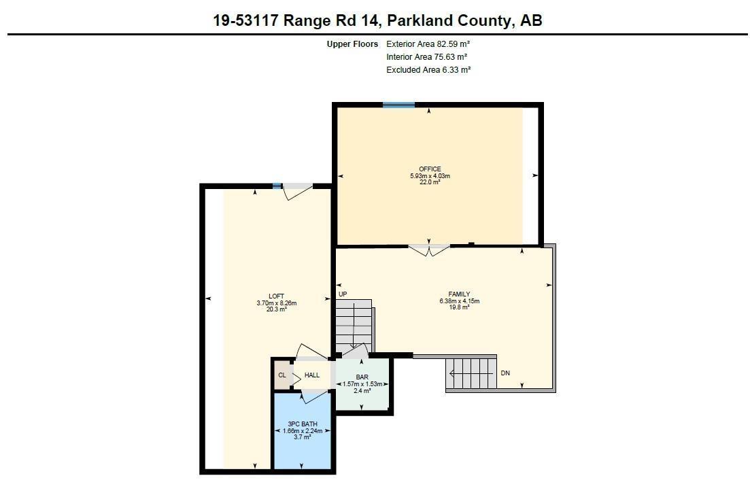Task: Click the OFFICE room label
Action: [430, 169]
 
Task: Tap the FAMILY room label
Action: [459, 294]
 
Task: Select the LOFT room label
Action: [276, 296]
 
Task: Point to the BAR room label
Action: [362, 377]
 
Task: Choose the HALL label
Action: [312, 375]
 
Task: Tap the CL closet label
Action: [282, 375]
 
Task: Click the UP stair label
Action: [343, 294]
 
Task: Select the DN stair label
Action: [505, 373]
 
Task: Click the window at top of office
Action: [398, 105]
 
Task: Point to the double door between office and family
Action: [429, 249]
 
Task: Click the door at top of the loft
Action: [298, 191]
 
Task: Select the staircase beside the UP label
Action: [354, 324]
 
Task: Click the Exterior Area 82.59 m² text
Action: [428, 44]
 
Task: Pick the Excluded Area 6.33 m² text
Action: [428, 70]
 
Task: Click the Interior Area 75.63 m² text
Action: [426, 57]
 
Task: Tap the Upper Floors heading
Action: [352, 44]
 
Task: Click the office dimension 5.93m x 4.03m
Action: [430, 176]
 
